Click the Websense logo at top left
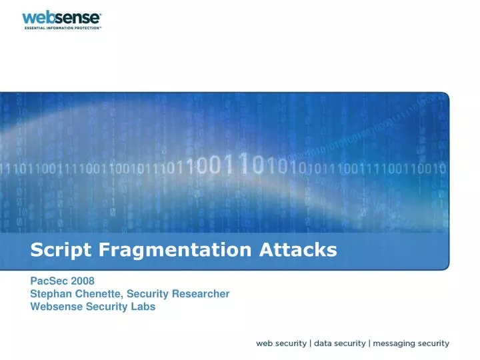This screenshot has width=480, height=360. point(61,17)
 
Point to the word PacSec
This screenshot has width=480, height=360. point(48,281)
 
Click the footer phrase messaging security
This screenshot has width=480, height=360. point(411,344)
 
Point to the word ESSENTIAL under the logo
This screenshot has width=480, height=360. point(35,29)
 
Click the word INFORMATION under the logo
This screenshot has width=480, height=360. point(60,29)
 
